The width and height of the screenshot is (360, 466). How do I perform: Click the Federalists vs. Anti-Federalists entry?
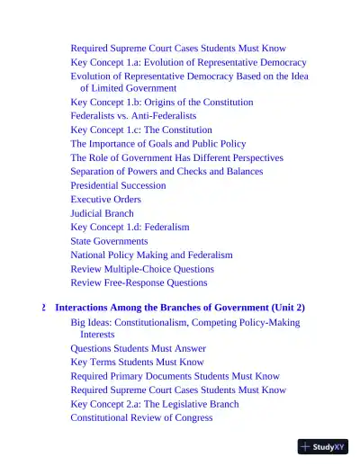pos(133,116)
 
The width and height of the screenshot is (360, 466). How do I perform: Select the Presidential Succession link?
pos(118,185)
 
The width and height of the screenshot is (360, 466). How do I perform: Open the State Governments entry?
pos(110,241)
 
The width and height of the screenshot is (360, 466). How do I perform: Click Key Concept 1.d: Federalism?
pos(130,227)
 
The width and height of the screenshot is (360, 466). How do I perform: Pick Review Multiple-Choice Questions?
pos(142,269)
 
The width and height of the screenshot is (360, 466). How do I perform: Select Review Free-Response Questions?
pos(139,282)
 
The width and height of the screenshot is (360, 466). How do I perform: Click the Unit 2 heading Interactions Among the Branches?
pos(180,307)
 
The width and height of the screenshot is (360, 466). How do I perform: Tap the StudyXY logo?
pos(322,445)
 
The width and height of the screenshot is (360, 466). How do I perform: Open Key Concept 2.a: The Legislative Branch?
pos(155,404)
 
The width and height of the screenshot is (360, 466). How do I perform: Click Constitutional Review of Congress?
pos(141,417)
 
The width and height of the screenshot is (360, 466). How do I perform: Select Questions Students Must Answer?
pos(138,348)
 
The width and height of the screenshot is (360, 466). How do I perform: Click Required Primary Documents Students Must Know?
pos(175,376)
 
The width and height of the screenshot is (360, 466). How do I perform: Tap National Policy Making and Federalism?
pos(151,255)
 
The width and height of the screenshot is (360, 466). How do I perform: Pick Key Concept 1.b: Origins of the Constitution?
pos(162,103)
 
